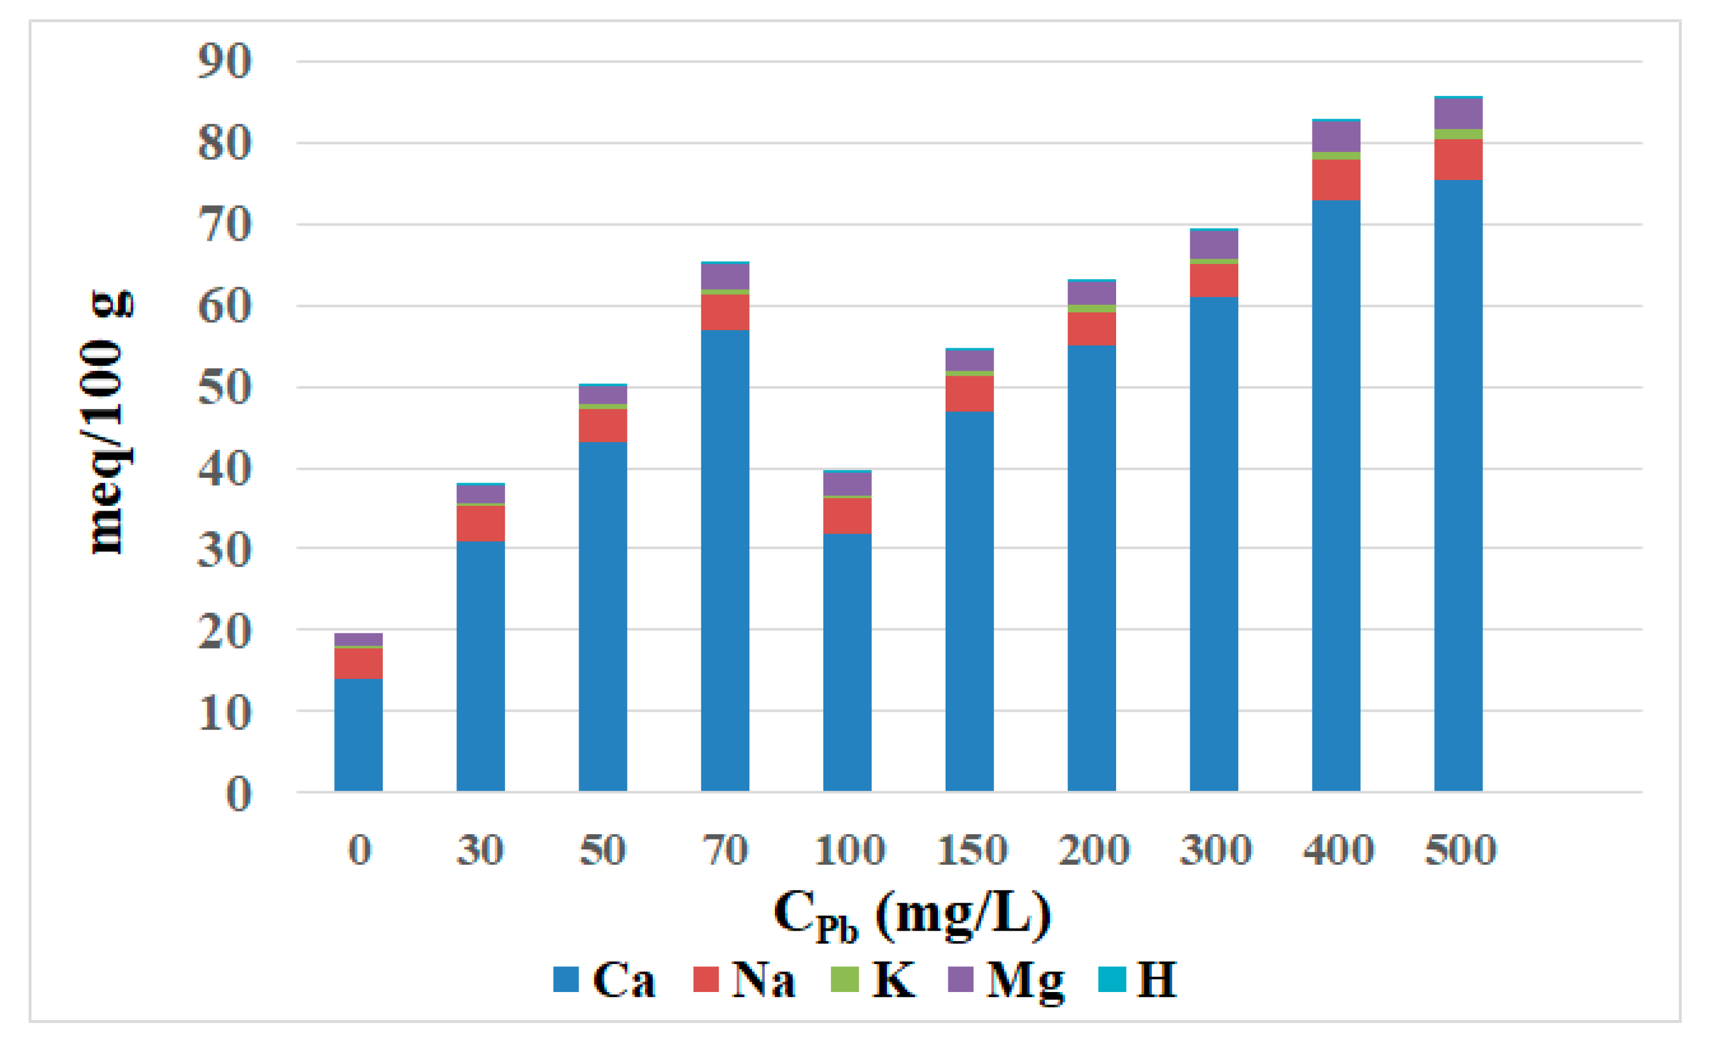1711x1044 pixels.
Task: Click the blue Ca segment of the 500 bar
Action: pyautogui.click(x=1457, y=486)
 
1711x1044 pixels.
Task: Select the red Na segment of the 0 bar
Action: pyautogui.click(x=358, y=663)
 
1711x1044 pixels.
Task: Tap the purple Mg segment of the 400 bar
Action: pyautogui.click(x=1335, y=137)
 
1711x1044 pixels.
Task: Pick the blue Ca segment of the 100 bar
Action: pyautogui.click(x=847, y=663)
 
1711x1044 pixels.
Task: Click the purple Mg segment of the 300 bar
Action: pyautogui.click(x=1213, y=244)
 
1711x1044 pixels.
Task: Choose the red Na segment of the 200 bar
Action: pyautogui.click(x=1091, y=328)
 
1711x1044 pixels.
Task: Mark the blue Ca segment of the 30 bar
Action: pyautogui.click(x=480, y=667)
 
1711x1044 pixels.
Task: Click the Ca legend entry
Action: pyautogui.click(x=604, y=980)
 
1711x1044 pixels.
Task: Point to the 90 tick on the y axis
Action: pyautogui.click(x=224, y=61)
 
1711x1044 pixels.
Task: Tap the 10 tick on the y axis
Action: pyautogui.click(x=224, y=713)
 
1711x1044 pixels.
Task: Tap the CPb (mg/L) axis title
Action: pyautogui.click(x=912, y=915)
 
